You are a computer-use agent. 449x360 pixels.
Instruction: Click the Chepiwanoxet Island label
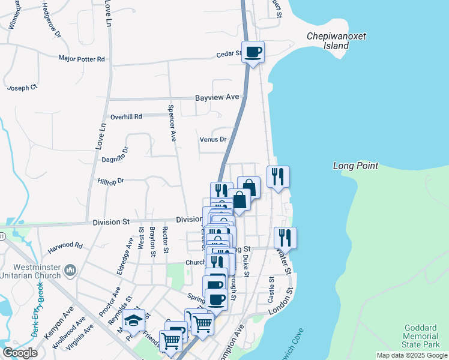coord(336,41)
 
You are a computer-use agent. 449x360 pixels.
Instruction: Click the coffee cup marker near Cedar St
coord(253,52)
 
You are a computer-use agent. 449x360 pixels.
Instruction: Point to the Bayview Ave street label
coord(217,97)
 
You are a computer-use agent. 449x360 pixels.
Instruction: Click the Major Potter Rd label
coord(82,59)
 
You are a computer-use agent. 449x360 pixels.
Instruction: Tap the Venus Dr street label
coord(213,139)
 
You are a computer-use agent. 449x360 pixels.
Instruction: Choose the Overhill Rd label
coord(125,116)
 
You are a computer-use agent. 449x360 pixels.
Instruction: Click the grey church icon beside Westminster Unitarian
coord(70,271)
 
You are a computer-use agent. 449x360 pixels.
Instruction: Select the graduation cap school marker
coord(134,322)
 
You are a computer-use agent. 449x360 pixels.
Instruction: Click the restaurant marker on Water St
coord(285,238)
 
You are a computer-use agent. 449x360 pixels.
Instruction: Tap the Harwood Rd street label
coord(65,245)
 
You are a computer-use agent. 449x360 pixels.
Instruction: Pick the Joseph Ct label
coord(22,88)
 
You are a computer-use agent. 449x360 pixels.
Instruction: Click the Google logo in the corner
coord(20,353)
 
